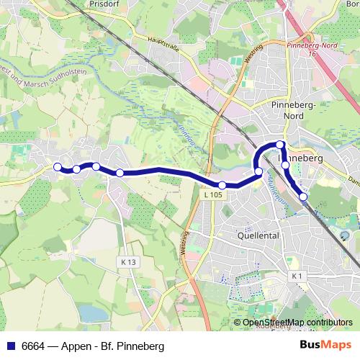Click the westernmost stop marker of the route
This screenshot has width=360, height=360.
point(58,167)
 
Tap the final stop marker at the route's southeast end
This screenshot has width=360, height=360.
point(303,196)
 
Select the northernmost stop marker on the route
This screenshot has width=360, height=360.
point(281,145)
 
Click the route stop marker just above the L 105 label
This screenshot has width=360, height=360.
point(222,185)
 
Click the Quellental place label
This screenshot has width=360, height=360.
point(258,235)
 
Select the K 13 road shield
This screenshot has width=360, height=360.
point(129,262)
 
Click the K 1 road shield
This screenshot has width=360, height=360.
point(298,276)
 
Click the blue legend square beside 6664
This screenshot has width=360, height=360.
point(10,346)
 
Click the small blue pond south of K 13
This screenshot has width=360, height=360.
point(89,312)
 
